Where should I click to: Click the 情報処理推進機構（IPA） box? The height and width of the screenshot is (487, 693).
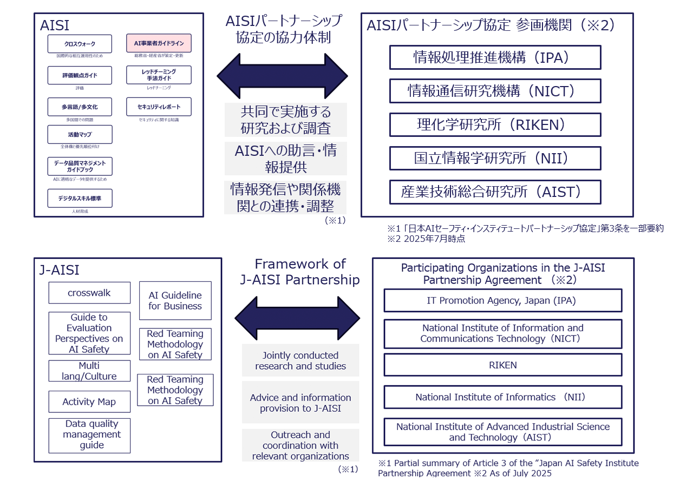pos(495,57)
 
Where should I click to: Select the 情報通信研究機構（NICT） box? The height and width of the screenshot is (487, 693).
pos(495,91)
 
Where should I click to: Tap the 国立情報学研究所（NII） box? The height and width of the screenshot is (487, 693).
pos(495,158)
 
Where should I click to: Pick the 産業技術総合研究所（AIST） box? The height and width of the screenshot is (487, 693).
pos(495,192)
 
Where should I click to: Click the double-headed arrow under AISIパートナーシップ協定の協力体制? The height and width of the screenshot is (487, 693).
pos(282,76)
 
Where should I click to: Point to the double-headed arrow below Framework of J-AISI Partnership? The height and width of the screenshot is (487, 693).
pos(297,318)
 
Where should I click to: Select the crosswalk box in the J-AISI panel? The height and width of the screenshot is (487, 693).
pos(89,293)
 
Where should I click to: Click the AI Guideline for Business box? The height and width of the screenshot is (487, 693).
pos(175,300)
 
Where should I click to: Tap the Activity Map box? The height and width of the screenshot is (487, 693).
pos(89,402)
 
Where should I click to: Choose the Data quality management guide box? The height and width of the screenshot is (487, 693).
pos(89,435)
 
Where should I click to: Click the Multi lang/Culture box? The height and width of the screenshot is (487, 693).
pos(89,371)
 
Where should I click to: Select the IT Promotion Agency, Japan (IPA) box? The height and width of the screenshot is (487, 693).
pos(502,300)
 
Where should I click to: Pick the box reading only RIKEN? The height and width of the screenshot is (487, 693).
pos(502,365)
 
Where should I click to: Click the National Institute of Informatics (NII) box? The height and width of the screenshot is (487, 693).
pos(502,397)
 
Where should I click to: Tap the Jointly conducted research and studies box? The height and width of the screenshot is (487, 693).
pos(300,360)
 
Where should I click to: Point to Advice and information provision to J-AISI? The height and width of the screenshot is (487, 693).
pos(300,403)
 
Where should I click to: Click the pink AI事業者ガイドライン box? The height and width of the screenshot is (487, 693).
pos(159,43)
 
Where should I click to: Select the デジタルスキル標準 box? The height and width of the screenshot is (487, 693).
pos(80,198)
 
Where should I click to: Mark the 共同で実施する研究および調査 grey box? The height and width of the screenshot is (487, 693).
pos(285,120)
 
